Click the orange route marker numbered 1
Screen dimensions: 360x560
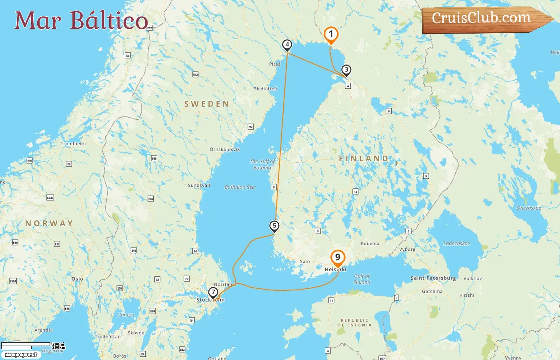tap(331, 35)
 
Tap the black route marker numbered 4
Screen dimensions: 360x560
tap(287, 45)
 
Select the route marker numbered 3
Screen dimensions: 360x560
tap(346, 70)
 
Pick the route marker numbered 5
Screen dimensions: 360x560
tap(274, 226)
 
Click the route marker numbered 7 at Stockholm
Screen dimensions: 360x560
tap(213, 292)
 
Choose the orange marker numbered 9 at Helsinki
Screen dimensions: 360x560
tap(338, 258)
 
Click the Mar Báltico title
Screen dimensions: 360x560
tap(81, 20)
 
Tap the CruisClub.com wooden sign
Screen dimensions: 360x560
tap(482, 18)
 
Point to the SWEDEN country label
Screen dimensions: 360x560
tap(207, 104)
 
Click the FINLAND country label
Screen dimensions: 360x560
tap(364, 159)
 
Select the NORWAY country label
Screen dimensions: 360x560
tap(49, 223)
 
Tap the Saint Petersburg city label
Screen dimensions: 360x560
tap(433, 278)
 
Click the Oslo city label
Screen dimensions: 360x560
tap(77, 279)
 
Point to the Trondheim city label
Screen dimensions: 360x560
tap(73, 144)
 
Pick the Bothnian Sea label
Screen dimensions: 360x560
tap(240, 187)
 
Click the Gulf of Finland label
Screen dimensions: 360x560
tap(362, 279)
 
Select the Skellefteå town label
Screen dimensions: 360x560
tap(265, 89)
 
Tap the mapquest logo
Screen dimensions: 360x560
tap(21, 354)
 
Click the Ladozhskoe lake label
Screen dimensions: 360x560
tap(457, 243)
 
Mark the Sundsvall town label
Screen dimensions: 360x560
tap(199, 185)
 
